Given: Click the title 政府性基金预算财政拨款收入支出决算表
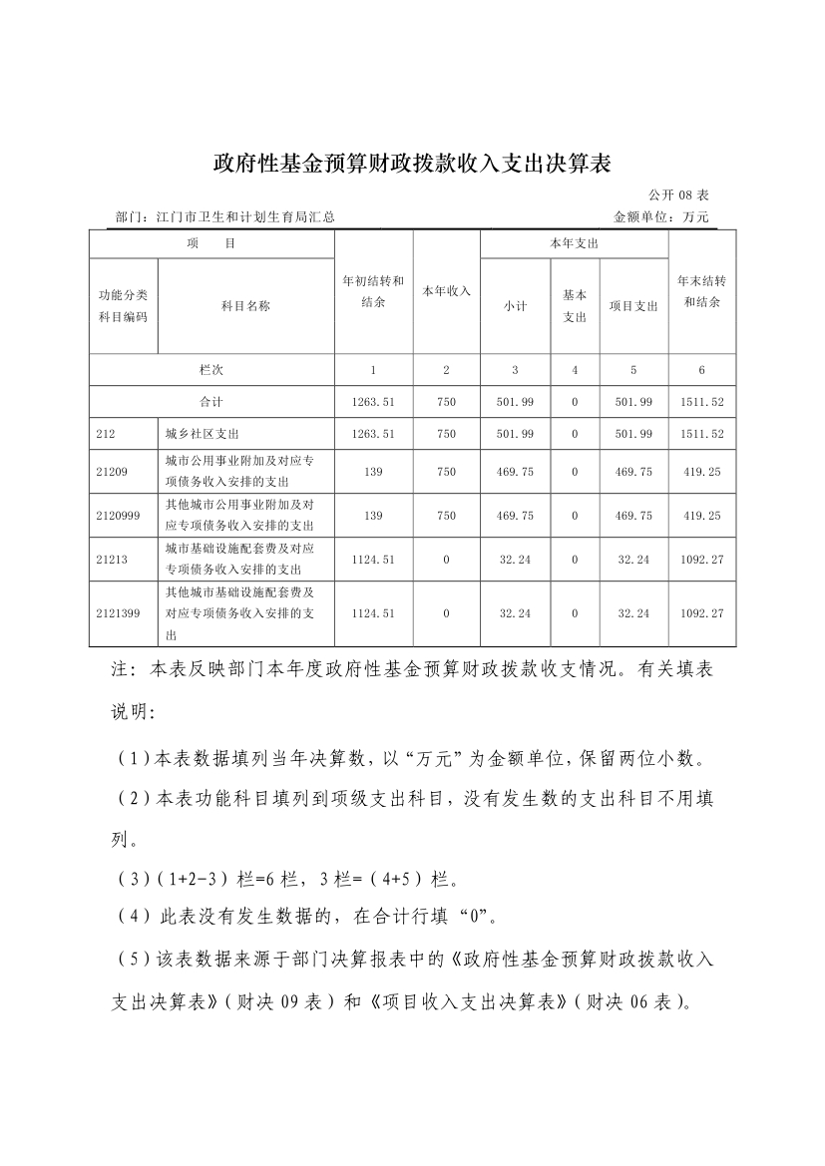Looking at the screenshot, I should point(411,163).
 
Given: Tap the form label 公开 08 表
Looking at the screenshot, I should point(678,194).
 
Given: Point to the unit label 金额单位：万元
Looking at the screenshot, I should point(660,216).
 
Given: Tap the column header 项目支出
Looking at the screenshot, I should point(633,306).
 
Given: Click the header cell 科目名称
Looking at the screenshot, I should point(245,306).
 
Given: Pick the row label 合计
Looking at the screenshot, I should point(211,401).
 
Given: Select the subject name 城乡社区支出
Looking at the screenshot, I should point(203,434).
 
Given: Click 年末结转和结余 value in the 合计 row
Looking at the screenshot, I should point(702,401).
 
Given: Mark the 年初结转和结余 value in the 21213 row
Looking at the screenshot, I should point(373,560).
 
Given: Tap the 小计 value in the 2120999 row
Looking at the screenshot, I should point(515,516).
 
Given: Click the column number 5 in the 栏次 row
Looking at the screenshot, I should point(633,370).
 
